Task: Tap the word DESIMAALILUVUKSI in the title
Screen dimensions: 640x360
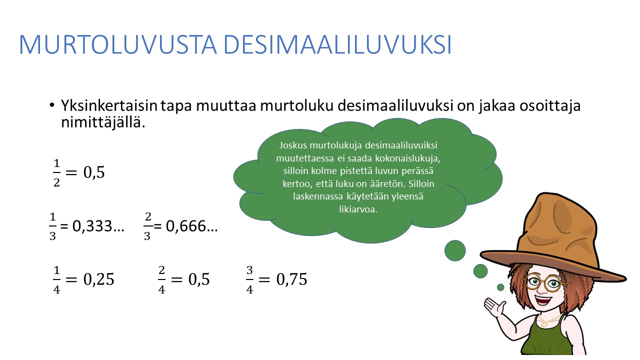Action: tap(337, 44)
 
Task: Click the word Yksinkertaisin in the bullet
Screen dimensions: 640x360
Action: tap(109, 105)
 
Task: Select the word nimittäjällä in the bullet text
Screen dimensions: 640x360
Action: tap(103, 122)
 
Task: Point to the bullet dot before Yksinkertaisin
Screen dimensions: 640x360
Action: tap(51, 105)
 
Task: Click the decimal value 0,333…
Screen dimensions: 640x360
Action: tap(98, 226)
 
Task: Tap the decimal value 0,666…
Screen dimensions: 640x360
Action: tap(191, 226)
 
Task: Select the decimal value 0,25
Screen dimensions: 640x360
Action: tap(98, 279)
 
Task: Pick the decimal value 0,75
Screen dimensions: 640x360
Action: tap(291, 279)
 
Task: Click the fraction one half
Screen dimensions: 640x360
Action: tap(56, 173)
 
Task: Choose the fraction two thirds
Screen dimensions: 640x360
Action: tap(147, 226)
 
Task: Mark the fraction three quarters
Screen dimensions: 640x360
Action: tap(249, 279)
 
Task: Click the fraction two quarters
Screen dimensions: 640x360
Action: tap(161, 279)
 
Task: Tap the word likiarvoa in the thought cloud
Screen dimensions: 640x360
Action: tap(358, 209)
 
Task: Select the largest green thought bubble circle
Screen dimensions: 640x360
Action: tap(455, 250)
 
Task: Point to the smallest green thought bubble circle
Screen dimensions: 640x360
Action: tap(500, 287)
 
